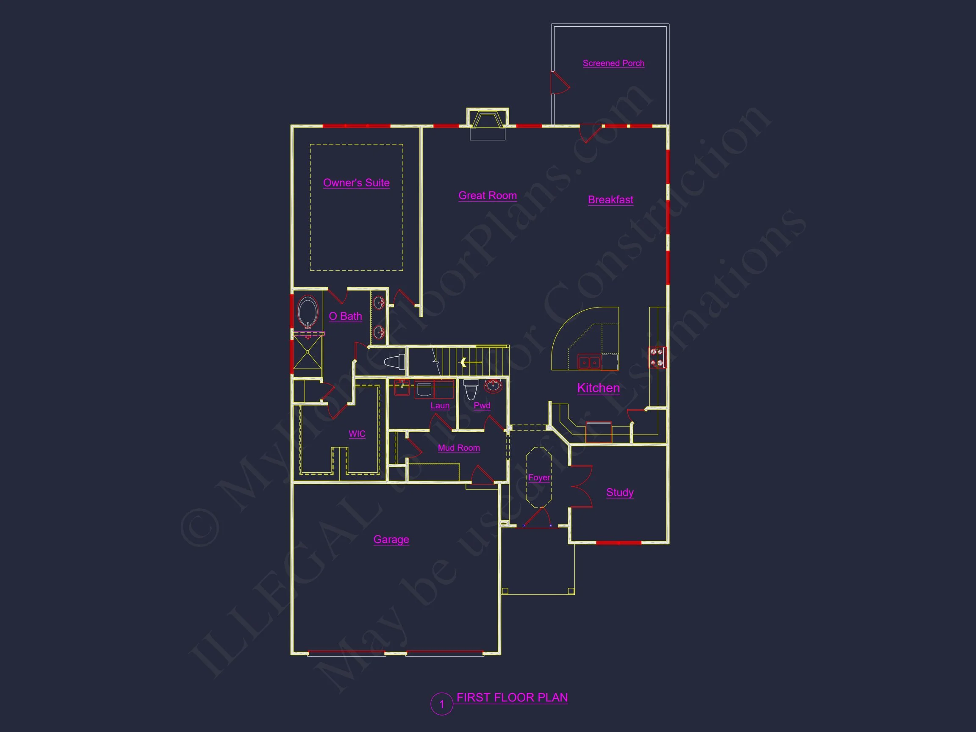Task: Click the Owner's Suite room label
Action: tap(356, 183)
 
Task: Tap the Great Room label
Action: tap(487, 195)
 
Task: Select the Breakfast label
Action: tap(610, 200)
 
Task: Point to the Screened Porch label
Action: tap(613, 63)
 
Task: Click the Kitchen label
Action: tap(598, 388)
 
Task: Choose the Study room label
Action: tap(619, 492)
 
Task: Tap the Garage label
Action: tap(391, 539)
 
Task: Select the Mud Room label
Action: tap(458, 448)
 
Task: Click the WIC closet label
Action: tap(357, 434)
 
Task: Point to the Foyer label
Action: tap(539, 477)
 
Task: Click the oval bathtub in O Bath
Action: tap(308, 311)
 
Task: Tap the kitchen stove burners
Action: tap(657, 358)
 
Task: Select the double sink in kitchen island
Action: tap(589, 363)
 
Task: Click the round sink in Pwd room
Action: tap(493, 386)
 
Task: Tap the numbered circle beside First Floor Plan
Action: tap(442, 704)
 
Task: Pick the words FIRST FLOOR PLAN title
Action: tap(512, 698)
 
